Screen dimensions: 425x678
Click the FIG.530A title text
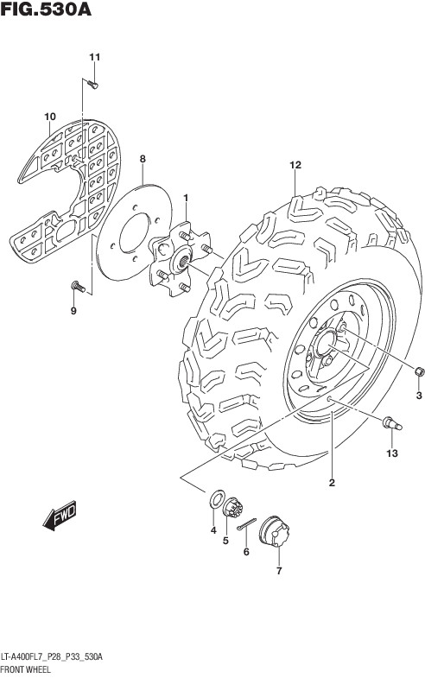(46, 10)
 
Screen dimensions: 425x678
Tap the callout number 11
(95, 57)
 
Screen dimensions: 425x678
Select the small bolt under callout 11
(92, 85)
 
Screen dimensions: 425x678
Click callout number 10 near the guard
(50, 117)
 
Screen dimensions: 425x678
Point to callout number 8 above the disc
(143, 159)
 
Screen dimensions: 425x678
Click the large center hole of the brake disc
(135, 232)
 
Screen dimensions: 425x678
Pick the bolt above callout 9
(78, 286)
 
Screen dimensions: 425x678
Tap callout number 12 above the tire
(295, 165)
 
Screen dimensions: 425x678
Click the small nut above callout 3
(419, 371)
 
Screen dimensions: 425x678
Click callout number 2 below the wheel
(332, 483)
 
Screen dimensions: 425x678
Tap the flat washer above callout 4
(217, 499)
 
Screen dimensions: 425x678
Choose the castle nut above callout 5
(233, 507)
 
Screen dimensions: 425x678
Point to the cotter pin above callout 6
(247, 523)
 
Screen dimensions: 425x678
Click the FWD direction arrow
(60, 515)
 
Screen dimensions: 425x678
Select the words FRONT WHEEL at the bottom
(26, 669)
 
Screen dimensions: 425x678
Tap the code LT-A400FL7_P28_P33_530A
(52, 657)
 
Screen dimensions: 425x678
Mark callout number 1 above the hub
(186, 198)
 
